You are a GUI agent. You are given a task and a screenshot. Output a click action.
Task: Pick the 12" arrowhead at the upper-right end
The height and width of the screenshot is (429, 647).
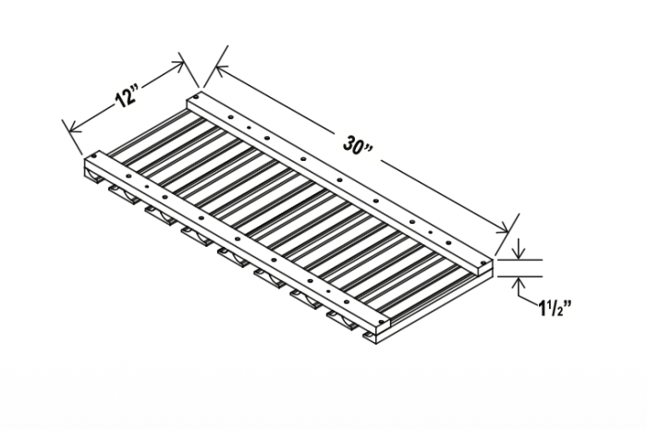pyautogui.click(x=181, y=66)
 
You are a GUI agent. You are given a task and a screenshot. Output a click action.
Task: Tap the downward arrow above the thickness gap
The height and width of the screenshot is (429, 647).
pyautogui.click(x=519, y=251)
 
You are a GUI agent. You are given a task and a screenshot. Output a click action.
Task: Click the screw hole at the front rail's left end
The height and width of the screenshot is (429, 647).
pyautogui.click(x=95, y=165)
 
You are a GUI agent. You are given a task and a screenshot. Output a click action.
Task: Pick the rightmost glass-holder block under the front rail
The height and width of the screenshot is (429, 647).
pyautogui.click(x=342, y=319)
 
